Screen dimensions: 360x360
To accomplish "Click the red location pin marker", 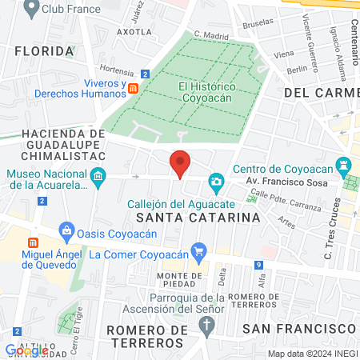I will pyautogui.click(x=180, y=163).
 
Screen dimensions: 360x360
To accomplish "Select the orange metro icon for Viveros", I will pyautogui.click(x=134, y=87).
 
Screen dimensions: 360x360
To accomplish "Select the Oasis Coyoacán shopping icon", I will pyautogui.click(x=66, y=233).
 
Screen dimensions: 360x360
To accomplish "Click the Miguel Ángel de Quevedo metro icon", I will pyautogui.click(x=33, y=242).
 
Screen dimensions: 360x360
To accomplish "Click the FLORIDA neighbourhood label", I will pyautogui.click(x=45, y=51).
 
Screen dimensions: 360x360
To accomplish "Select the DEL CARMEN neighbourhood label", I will pyautogui.click(x=319, y=93).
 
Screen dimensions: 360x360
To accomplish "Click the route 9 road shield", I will pyautogui.click(x=259, y=265).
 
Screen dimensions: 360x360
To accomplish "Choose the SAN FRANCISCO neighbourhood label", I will pyautogui.click(x=298, y=328).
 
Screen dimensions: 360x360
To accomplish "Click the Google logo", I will pyautogui.click(x=26, y=350).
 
